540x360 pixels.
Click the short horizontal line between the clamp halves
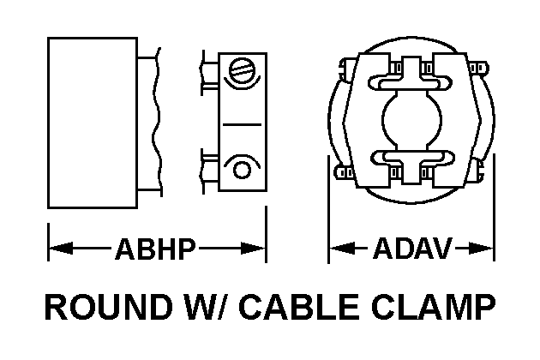point(242,125)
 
